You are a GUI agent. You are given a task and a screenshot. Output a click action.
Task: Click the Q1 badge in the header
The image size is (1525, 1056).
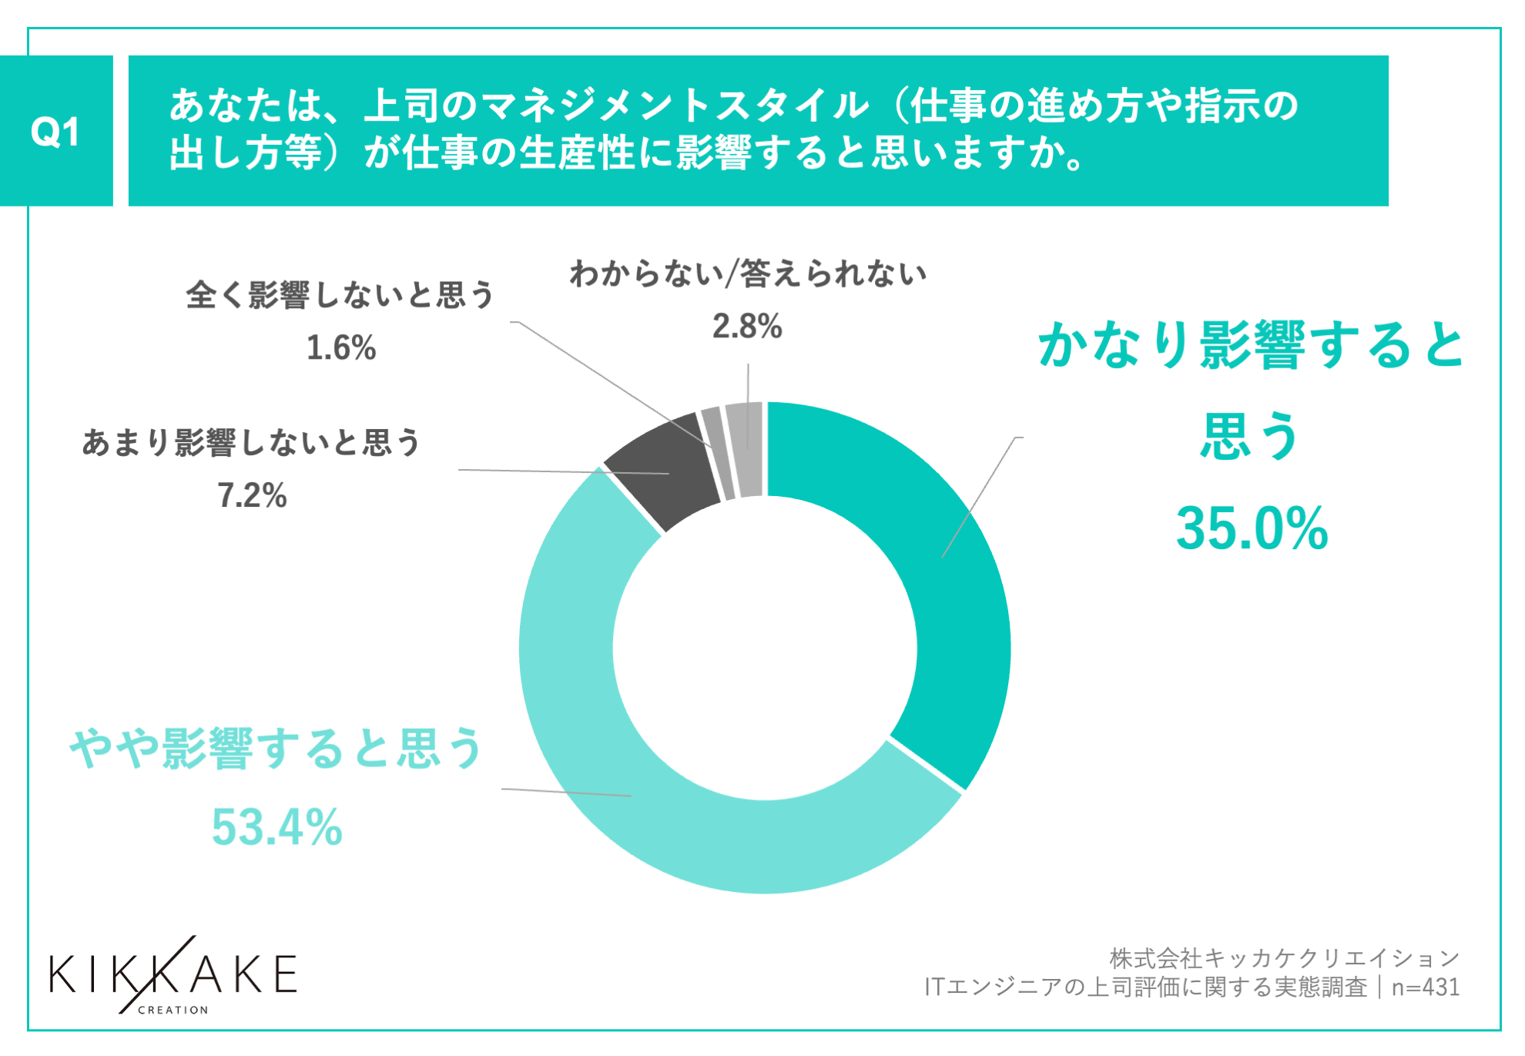click(55, 131)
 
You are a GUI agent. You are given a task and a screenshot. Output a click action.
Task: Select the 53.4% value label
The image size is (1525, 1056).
click(277, 827)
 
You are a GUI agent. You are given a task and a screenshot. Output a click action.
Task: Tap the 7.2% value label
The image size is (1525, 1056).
click(252, 495)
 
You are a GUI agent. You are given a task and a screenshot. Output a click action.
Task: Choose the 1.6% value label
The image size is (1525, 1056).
click(341, 347)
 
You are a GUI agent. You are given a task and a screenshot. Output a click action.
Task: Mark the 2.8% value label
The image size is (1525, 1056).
click(747, 326)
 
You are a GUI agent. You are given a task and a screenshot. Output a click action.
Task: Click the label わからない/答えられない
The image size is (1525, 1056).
click(748, 274)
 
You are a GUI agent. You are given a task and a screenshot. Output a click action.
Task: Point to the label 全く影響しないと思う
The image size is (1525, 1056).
click(340, 295)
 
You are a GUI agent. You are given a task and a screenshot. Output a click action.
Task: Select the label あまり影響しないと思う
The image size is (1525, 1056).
click(251, 443)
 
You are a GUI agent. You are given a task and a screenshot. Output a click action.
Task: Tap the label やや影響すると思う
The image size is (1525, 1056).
click(276, 748)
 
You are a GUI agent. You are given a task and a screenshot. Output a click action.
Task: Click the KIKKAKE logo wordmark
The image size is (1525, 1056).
click(173, 975)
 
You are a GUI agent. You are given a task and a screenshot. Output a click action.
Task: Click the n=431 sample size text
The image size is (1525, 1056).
click(1425, 987)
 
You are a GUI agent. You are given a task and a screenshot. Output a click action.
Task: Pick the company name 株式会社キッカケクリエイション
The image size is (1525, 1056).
click(1284, 958)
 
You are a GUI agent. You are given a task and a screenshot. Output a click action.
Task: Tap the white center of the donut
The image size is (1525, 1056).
click(765, 647)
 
